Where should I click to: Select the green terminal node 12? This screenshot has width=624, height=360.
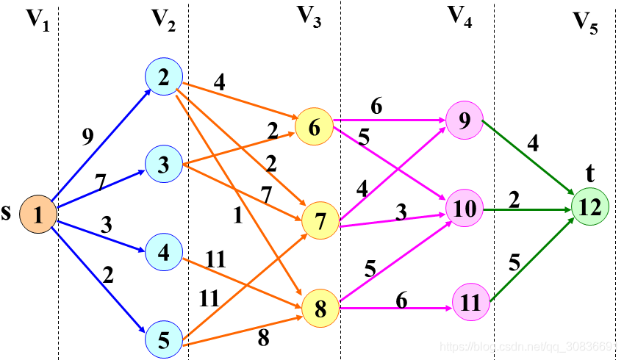click(591, 207)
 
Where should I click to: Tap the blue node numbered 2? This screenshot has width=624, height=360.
click(164, 77)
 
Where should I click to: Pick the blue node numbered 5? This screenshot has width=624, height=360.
click(164, 339)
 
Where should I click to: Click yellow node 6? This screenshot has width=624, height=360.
click(314, 127)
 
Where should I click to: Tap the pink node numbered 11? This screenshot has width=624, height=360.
click(470, 302)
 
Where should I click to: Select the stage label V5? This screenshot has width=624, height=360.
click(585, 24)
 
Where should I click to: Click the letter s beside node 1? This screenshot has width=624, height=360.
click(7, 214)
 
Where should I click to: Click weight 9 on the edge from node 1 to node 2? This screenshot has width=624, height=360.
click(87, 137)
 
